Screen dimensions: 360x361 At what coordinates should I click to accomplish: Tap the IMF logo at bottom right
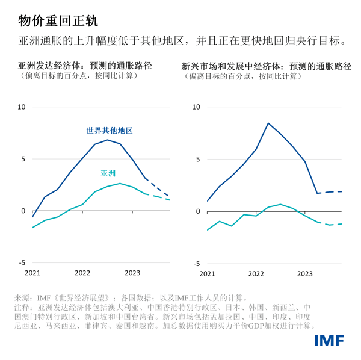[x=329, y=341]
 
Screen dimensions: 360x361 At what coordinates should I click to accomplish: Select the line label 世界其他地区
[x=109, y=131]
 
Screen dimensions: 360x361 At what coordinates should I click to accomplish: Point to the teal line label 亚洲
[x=108, y=173]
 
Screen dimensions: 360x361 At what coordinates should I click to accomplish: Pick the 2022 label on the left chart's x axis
[x=82, y=273]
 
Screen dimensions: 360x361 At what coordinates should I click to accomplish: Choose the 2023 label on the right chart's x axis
[x=304, y=273]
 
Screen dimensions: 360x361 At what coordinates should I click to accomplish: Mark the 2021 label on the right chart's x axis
[x=206, y=273]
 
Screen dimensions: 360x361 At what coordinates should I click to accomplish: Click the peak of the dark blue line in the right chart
[x=268, y=123]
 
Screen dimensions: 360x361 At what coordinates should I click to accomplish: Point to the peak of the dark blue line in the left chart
[x=107, y=140]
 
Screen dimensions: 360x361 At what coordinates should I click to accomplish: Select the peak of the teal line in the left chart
[x=120, y=184]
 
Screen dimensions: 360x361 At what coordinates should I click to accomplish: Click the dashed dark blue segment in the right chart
[x=331, y=191]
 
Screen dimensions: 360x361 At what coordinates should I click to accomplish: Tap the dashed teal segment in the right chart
[x=331, y=224]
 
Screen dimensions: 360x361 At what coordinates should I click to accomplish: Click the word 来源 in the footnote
[x=22, y=297]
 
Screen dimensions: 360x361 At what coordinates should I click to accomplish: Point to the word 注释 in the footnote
[x=22, y=307]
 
